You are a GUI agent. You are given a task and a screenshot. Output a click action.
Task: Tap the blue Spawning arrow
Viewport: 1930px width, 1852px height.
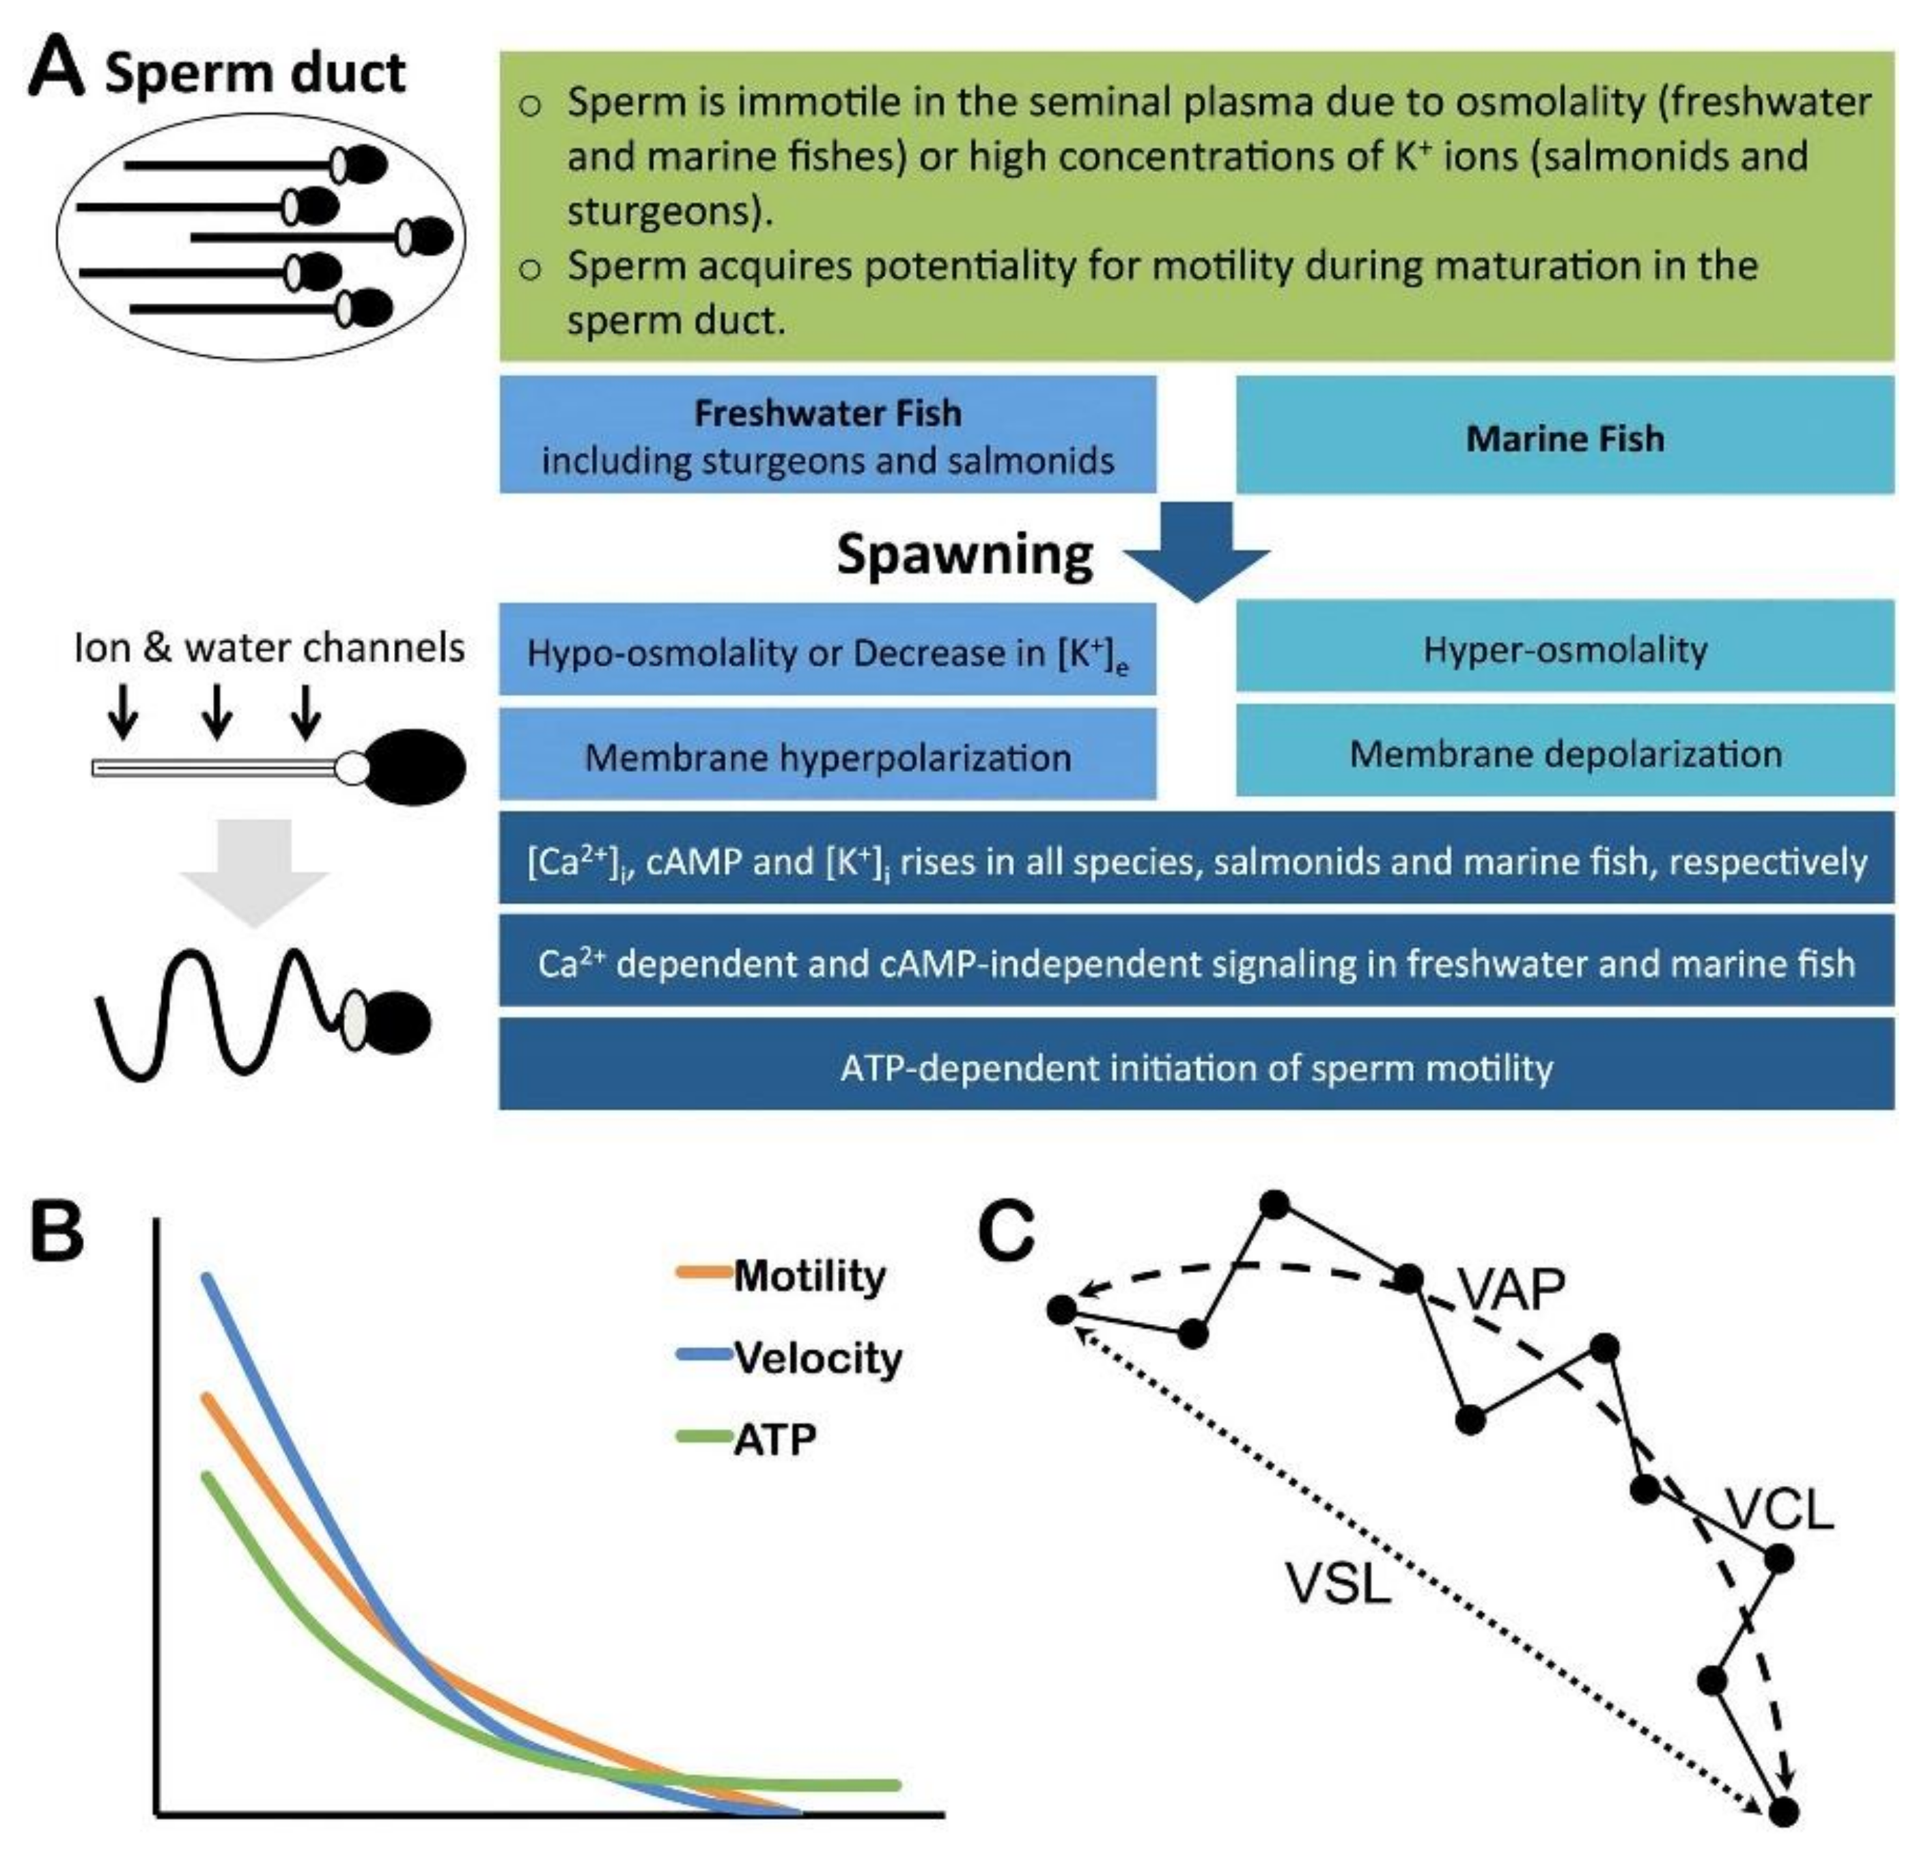pos(1197,552)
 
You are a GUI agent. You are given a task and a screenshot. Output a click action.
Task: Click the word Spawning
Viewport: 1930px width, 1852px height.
pos(965,555)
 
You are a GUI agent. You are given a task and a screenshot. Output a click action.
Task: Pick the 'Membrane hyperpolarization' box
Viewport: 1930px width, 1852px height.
pos(827,754)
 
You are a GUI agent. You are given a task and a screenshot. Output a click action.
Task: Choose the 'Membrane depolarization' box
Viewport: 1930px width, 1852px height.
pos(1565,751)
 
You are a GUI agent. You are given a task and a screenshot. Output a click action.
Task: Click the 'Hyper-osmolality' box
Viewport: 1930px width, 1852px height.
pos(1565,646)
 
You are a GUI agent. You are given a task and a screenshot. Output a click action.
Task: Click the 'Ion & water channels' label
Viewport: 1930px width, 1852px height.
pos(269,647)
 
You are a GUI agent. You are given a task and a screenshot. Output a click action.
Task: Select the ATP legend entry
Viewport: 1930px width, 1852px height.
pos(746,1439)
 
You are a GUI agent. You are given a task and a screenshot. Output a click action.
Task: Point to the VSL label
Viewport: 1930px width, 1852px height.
pos(1338,1583)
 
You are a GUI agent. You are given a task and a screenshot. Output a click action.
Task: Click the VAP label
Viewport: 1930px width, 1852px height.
pos(1511,1288)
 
